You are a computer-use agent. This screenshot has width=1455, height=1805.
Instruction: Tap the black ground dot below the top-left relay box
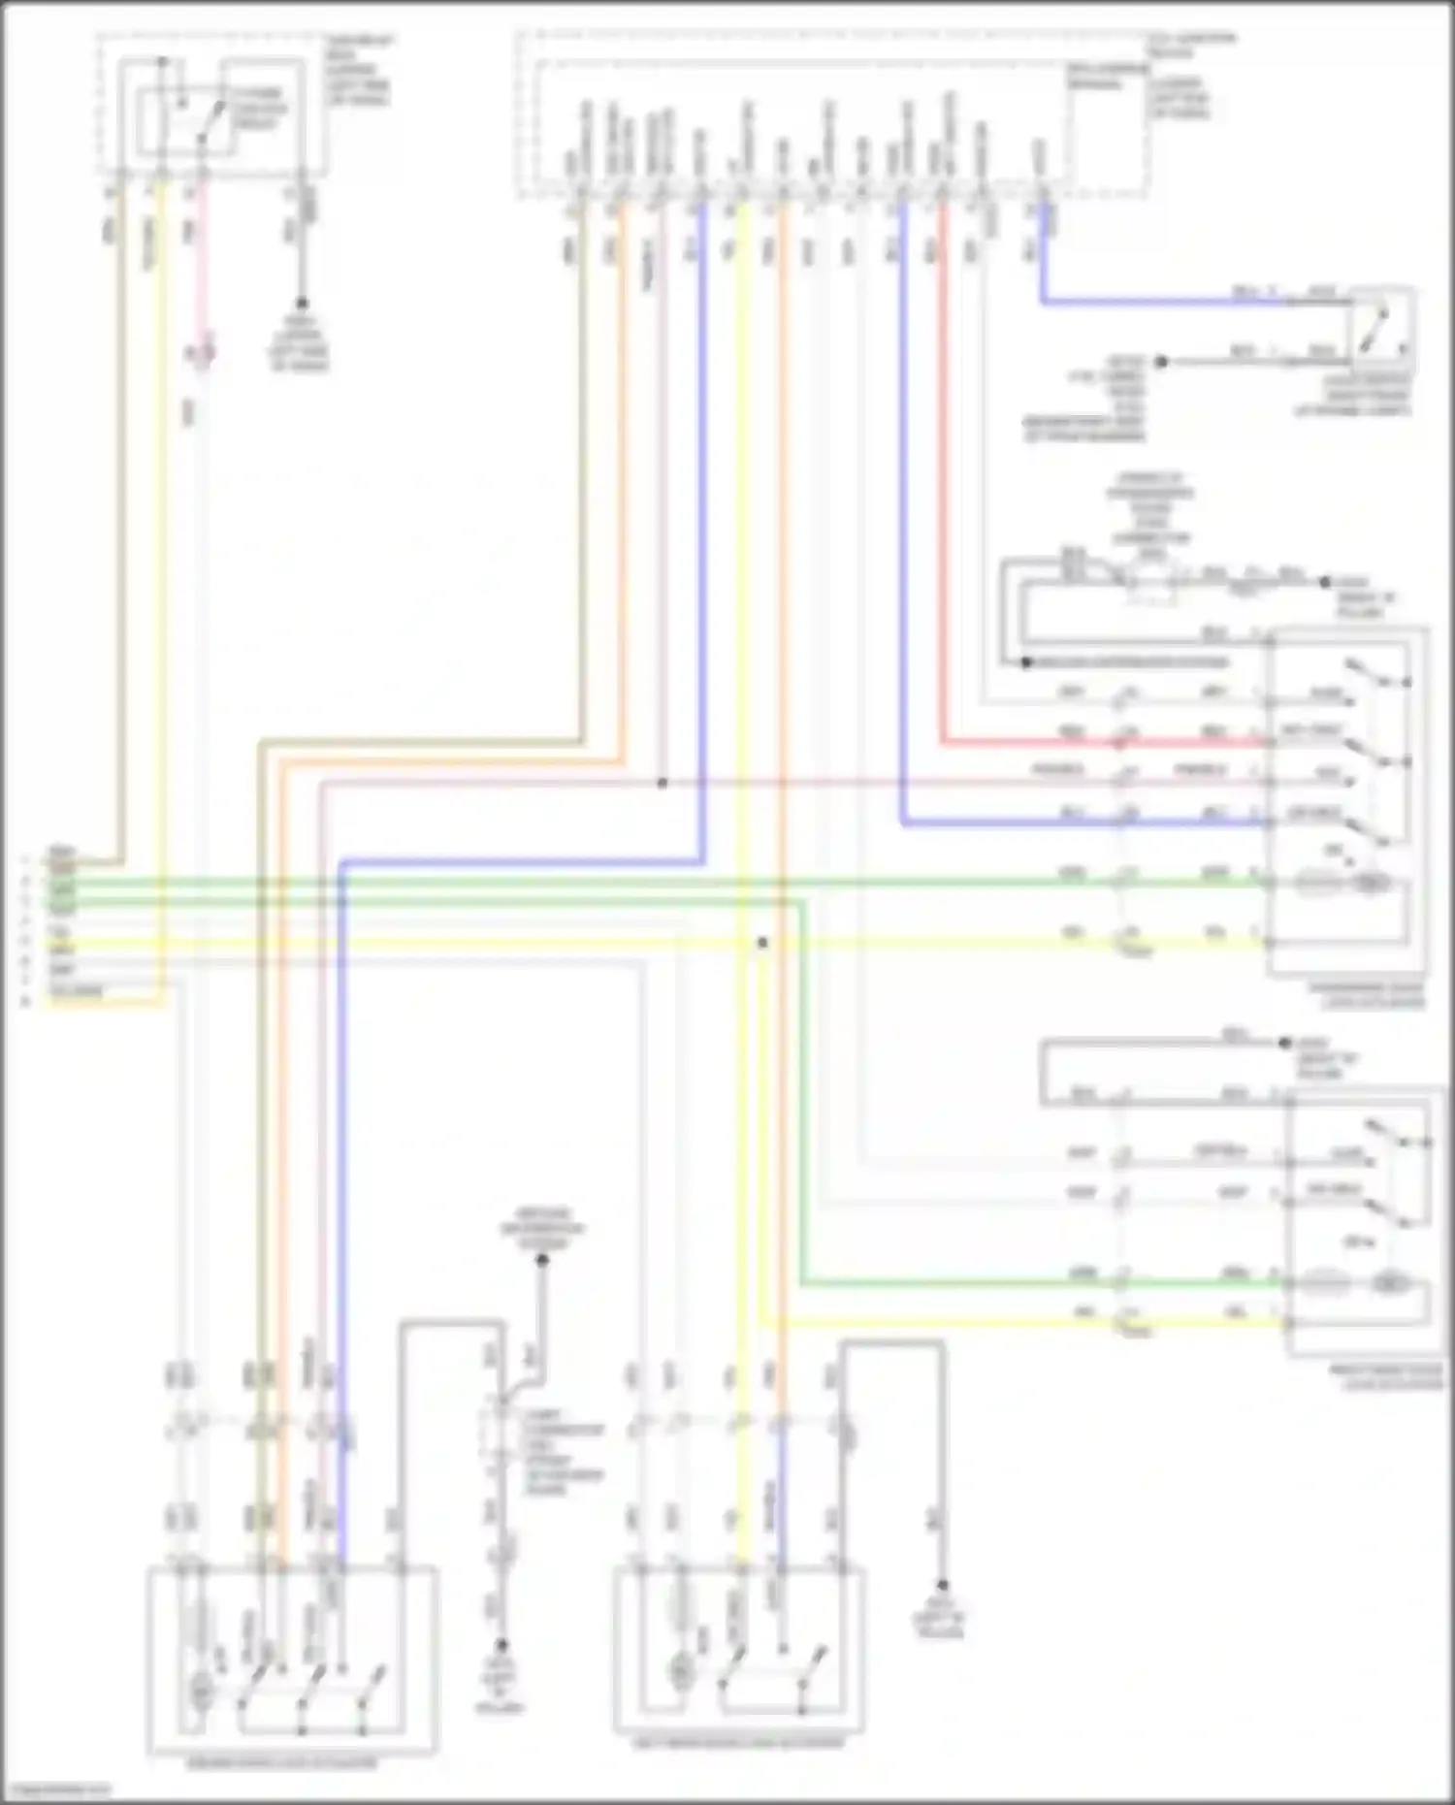302,304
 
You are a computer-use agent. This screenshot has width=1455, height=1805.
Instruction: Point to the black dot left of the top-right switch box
1160,361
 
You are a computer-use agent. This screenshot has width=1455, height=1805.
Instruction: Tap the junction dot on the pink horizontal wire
663,783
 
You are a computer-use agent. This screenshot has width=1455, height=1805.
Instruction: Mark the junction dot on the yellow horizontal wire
762,942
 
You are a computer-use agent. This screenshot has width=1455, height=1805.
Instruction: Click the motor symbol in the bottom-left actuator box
200,1689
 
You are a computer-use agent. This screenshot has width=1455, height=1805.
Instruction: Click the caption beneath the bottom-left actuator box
291,1763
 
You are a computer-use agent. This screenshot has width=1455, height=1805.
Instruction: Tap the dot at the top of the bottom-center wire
542,1260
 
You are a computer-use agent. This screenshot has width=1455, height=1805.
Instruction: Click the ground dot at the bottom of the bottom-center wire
501,1646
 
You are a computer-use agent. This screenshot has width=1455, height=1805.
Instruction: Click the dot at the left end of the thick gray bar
1026,663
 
